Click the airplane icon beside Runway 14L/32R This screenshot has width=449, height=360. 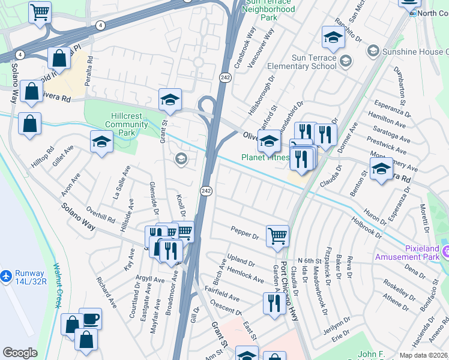pos(6,276)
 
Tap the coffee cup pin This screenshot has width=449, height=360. pos(90,319)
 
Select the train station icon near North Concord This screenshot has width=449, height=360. pos(412,13)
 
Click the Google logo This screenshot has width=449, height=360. pos(20,353)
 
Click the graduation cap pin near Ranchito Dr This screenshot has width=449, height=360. pos(331,37)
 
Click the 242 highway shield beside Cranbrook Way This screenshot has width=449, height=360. pos(224,77)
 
